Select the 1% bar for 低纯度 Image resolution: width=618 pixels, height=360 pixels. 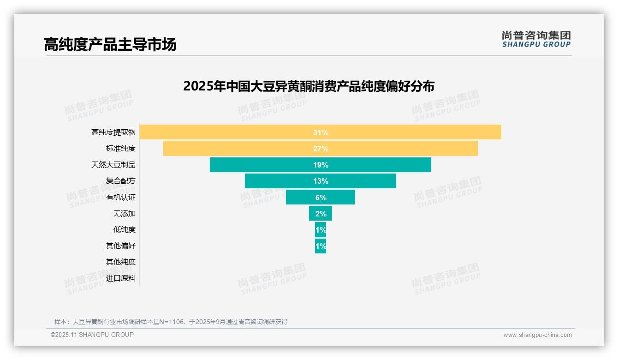pos(321,229)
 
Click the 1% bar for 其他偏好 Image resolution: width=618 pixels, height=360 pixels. pos(321,246)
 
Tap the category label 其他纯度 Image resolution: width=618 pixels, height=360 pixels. pos(121,262)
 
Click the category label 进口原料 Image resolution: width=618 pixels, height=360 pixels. pos(121,278)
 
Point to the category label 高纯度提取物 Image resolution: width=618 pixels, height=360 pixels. pos(113,132)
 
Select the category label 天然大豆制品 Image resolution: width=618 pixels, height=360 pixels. pos(113,165)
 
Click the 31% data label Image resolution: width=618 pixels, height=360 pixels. pos(321,132)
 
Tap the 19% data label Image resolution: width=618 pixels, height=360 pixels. pos(321,165)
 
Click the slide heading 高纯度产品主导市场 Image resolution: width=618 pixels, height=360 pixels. pos(110,45)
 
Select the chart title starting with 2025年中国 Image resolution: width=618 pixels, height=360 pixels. pos(309,86)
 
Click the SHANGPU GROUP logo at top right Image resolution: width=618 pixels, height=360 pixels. pos(536,39)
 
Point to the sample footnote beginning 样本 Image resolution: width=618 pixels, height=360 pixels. pos(171,322)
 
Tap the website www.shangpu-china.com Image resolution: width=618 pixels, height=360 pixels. pos(537,335)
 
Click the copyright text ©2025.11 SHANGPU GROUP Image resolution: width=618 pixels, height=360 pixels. pos(92,335)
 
